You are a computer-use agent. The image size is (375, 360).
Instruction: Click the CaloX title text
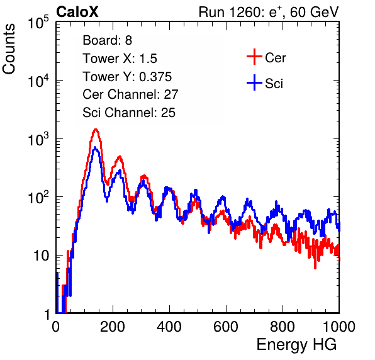tap(77, 12)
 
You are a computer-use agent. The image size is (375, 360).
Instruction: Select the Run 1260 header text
tap(269, 12)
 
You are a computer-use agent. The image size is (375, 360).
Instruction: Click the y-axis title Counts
tap(9, 49)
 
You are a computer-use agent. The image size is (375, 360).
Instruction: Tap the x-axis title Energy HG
tap(296, 344)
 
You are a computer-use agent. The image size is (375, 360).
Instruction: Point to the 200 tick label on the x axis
tap(113, 327)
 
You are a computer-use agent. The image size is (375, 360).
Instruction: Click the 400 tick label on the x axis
tap(169, 327)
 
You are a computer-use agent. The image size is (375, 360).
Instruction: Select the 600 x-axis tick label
tap(226, 327)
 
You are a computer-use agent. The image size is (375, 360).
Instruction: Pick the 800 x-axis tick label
tap(283, 327)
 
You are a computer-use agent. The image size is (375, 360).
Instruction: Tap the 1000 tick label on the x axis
tap(339, 327)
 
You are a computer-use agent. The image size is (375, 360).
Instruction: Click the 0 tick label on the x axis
tap(56, 327)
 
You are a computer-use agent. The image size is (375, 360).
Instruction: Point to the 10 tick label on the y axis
tap(41, 256)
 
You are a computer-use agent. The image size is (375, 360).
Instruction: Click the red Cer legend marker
tap(254, 57)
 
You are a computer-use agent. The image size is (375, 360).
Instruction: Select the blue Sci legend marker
tap(254, 83)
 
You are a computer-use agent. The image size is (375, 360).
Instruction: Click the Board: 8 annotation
tap(107, 40)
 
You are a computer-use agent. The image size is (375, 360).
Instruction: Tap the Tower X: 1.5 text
tap(120, 59)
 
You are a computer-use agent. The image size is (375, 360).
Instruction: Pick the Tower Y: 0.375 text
tap(127, 77)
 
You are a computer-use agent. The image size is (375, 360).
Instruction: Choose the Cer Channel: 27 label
tap(130, 94)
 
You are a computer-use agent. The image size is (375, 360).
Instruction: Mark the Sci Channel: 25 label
tap(129, 113)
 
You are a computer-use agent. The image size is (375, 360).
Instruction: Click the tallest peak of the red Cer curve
tap(96, 130)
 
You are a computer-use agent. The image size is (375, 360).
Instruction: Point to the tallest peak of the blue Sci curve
tap(95, 148)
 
